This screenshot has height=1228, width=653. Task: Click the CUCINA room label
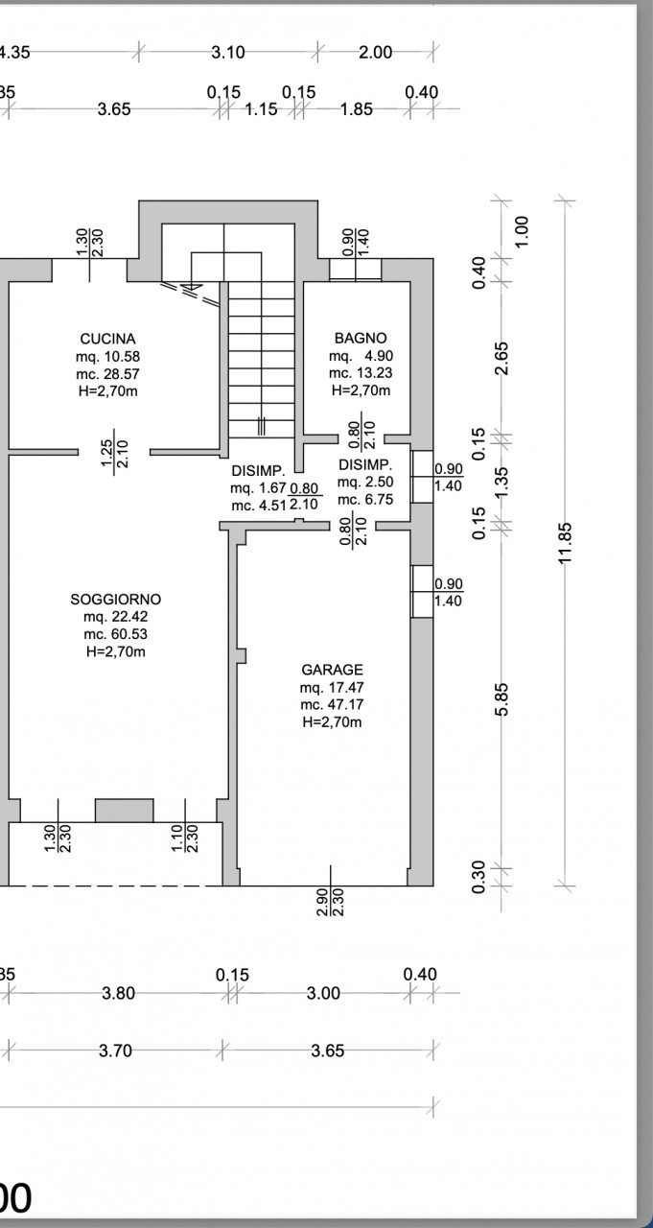point(108,339)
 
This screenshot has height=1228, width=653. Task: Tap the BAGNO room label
point(361,339)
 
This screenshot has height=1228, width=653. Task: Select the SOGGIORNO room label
point(116,600)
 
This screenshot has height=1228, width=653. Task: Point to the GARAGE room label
point(332,670)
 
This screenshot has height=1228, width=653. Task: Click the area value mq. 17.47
point(332,688)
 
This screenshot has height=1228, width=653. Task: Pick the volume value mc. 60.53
point(116,634)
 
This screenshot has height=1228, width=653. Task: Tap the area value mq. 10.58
point(108,356)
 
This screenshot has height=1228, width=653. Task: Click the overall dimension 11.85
point(565,542)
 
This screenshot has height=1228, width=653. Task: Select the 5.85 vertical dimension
point(501,699)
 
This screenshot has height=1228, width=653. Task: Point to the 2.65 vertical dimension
point(501,359)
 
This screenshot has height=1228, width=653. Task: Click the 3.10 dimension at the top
point(228,53)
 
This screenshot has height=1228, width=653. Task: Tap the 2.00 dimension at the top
point(376,53)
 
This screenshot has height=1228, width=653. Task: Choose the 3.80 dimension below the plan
point(118,993)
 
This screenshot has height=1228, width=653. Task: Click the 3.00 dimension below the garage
point(323,993)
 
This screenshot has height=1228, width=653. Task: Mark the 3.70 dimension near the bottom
point(115,1051)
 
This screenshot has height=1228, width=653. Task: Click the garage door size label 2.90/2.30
point(330,902)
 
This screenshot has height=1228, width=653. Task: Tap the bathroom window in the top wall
point(356,270)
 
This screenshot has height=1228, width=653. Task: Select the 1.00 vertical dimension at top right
point(522,231)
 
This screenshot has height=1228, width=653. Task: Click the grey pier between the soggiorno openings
point(125,811)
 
